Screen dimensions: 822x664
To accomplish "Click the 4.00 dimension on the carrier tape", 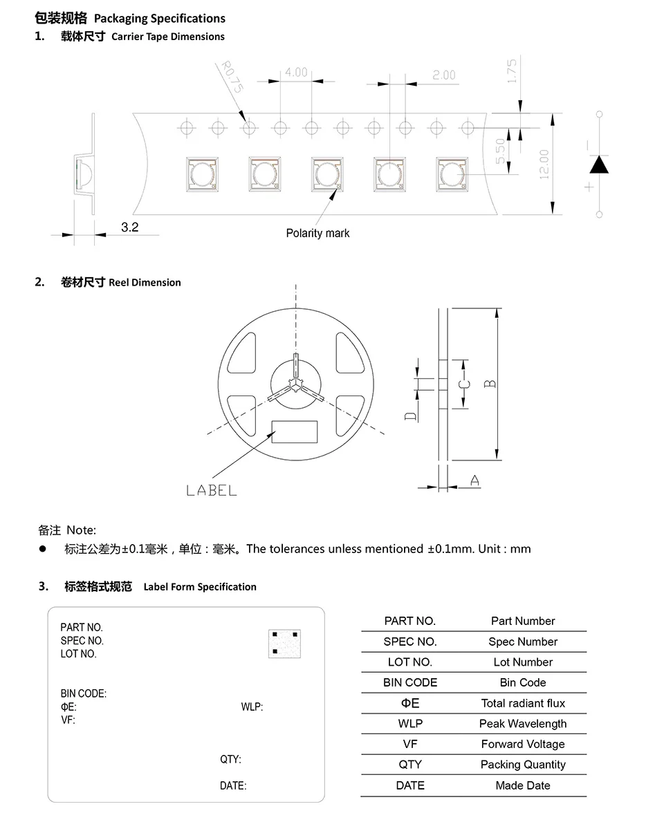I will click(295, 72).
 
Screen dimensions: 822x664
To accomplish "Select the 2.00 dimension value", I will click(444, 75).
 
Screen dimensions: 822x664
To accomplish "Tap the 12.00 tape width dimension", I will click(544, 164).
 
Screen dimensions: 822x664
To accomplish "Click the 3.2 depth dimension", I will click(130, 227).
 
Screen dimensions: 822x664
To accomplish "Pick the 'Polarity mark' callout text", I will click(317, 233).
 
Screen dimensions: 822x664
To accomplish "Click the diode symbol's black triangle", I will click(599, 165).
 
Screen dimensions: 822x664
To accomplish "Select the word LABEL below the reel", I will click(212, 490).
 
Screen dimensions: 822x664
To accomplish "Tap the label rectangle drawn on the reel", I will click(295, 431).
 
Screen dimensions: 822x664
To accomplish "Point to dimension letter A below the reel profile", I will click(475, 480).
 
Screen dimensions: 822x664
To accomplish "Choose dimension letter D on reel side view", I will click(411, 415).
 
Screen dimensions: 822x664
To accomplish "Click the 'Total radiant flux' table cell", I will click(523, 703).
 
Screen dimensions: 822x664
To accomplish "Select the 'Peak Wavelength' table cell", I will click(523, 724).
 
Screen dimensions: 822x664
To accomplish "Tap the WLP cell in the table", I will click(410, 724).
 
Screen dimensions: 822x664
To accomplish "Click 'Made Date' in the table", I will click(523, 785).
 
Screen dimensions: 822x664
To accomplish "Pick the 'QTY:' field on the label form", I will click(230, 759).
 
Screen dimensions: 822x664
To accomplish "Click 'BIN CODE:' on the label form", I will click(84, 693).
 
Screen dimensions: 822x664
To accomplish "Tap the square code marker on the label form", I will click(285, 643).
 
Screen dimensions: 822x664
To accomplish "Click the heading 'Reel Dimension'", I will click(145, 282).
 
